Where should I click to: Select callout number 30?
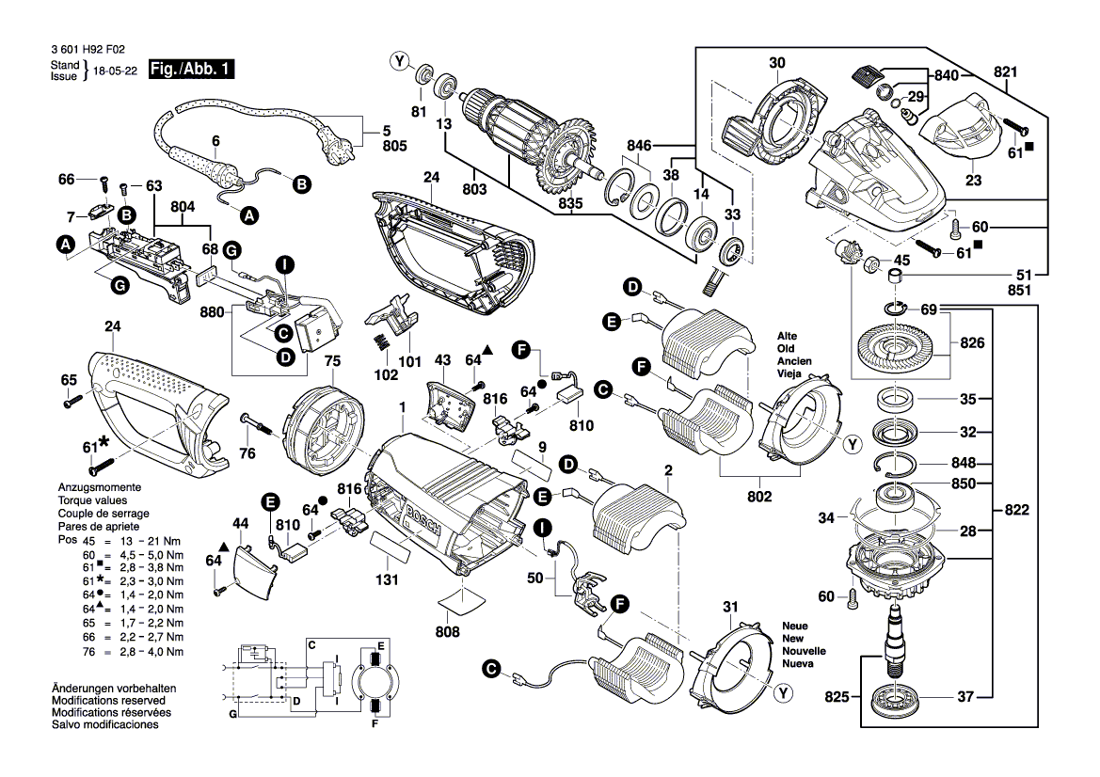(x=776, y=63)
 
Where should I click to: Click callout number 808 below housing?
(x=448, y=632)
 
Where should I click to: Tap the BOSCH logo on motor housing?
(x=425, y=523)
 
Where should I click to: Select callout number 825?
(x=837, y=697)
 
